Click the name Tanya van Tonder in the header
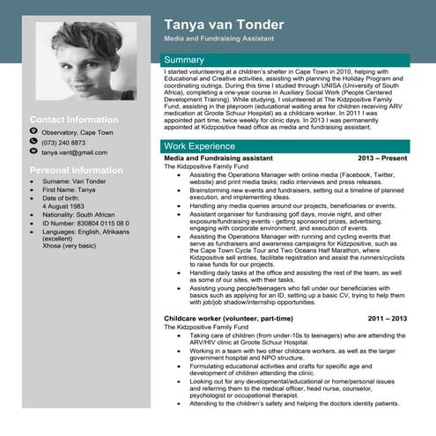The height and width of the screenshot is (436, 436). point(227,24)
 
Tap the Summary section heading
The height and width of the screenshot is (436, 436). point(184,60)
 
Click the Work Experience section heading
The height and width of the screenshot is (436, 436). point(199,144)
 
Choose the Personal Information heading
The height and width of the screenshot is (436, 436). point(77,169)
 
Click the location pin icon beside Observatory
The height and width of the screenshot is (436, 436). point(33,131)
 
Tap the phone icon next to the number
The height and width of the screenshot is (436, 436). point(33,142)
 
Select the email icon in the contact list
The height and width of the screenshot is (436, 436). point(33,152)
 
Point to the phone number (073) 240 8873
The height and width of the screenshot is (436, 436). point(63,142)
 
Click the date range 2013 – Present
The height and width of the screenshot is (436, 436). point(382,158)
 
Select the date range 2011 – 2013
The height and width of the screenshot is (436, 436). point(388,317)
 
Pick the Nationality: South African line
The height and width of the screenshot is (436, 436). point(78,214)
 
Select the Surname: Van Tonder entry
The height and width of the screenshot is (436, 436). point(74,181)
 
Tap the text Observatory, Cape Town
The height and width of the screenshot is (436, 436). point(78,131)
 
